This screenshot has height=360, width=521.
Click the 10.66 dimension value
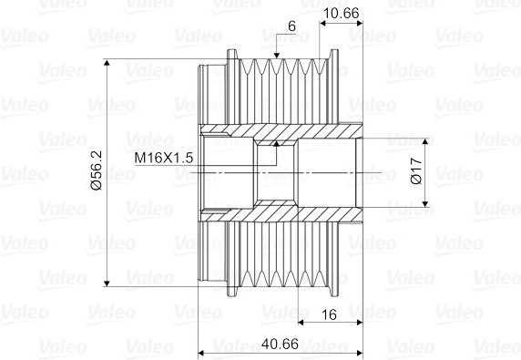click(x=341, y=14)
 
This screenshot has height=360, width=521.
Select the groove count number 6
click(x=291, y=26)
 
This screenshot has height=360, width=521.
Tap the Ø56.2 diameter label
click(x=97, y=170)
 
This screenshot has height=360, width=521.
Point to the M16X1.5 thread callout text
click(x=163, y=158)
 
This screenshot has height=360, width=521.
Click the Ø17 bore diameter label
click(x=416, y=170)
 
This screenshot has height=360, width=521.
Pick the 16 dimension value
click(x=329, y=314)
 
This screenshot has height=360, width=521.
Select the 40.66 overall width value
click(x=280, y=344)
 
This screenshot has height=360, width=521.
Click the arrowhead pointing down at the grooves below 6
click(x=277, y=56)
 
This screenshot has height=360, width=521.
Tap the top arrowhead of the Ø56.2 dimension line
click(x=107, y=63)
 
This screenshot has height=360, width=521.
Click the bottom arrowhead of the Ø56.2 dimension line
click(x=107, y=283)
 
